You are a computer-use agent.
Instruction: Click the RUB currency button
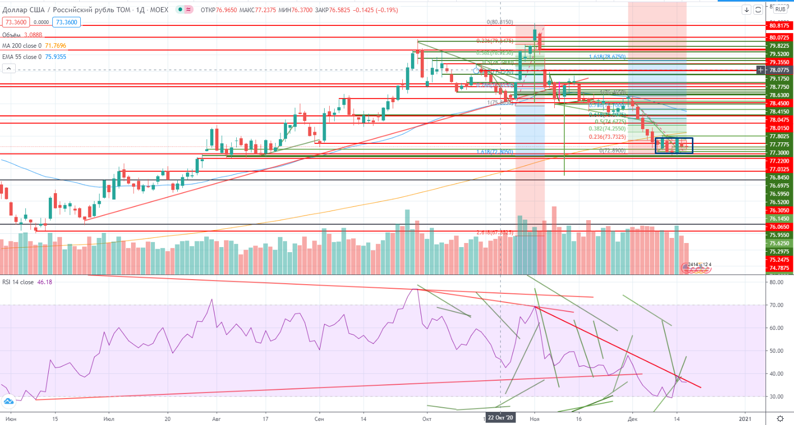(780, 9)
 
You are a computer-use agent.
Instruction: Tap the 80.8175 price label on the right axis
(779, 25)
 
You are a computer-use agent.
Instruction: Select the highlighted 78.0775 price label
(779, 70)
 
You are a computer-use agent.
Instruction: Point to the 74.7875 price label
(779, 268)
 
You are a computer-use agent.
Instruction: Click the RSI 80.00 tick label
(776, 282)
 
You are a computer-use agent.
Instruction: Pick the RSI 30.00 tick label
(776, 397)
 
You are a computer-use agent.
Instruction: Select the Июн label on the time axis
(11, 419)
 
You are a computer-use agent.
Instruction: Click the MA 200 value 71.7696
(56, 46)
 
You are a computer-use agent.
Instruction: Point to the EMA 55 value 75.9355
(56, 57)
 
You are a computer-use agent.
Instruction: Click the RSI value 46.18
(45, 282)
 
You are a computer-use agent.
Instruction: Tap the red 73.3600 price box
(15, 22)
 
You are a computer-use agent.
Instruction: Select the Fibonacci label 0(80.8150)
(500, 22)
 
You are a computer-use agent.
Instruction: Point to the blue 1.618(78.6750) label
(607, 57)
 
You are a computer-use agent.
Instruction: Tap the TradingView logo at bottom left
(8, 403)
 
